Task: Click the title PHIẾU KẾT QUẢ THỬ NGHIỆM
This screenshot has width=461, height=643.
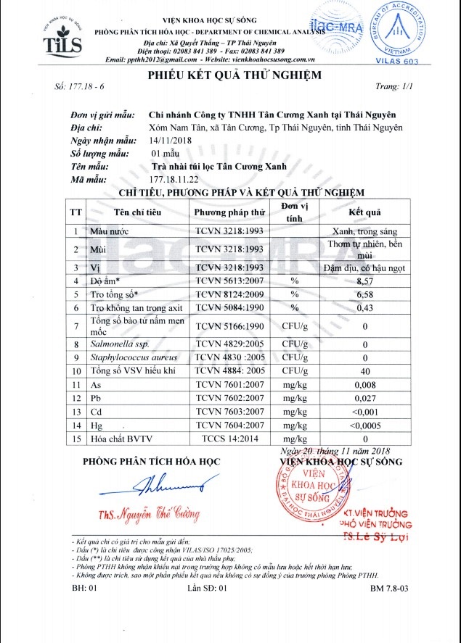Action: coord(234,75)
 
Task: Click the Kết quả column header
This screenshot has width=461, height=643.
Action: coord(364,212)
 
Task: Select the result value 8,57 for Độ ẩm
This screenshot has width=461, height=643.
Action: coord(364,281)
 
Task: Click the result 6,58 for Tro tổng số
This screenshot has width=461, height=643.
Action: coord(364,294)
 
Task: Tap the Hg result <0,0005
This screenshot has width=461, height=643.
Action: coord(364,426)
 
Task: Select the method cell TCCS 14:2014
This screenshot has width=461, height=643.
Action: coord(229,439)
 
